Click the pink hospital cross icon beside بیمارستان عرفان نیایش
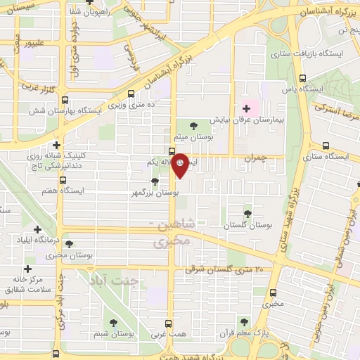point(245,108)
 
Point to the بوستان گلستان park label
point(247,226)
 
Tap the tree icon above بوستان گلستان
point(247,213)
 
